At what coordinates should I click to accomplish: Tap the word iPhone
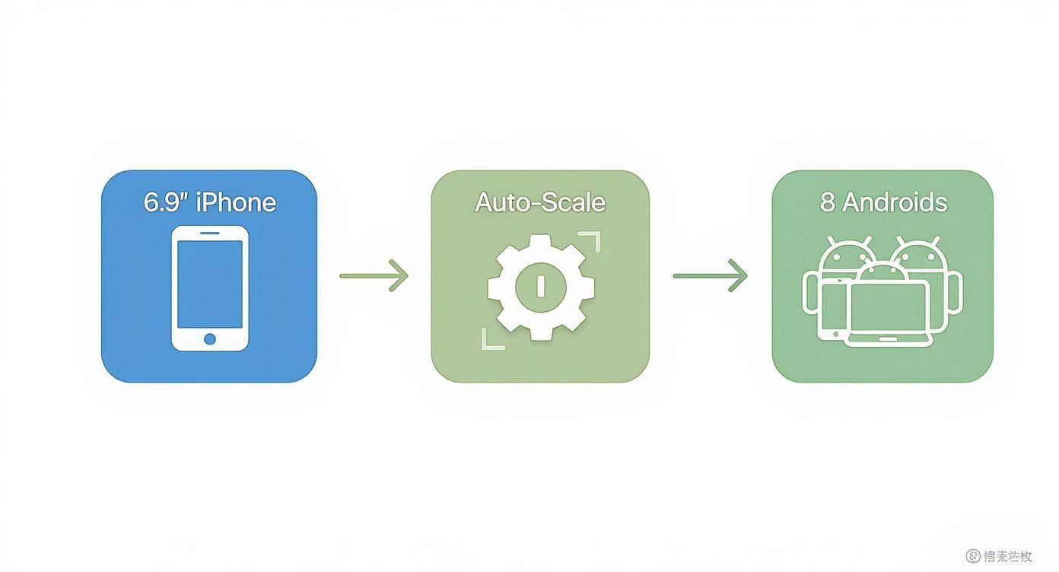coord(236,202)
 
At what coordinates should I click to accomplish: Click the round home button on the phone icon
coord(210,338)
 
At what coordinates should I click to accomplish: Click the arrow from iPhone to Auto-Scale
coord(374,275)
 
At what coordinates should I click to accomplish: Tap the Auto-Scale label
coord(540,202)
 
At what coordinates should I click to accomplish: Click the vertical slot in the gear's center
coord(541,286)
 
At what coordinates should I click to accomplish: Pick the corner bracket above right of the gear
coord(591,241)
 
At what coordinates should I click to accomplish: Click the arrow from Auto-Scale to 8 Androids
coord(710,275)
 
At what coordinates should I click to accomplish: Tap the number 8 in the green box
coord(828,202)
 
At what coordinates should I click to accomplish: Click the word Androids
coord(895,202)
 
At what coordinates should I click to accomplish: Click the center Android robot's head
coord(882,272)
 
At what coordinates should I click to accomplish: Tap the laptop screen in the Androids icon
coord(889,308)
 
